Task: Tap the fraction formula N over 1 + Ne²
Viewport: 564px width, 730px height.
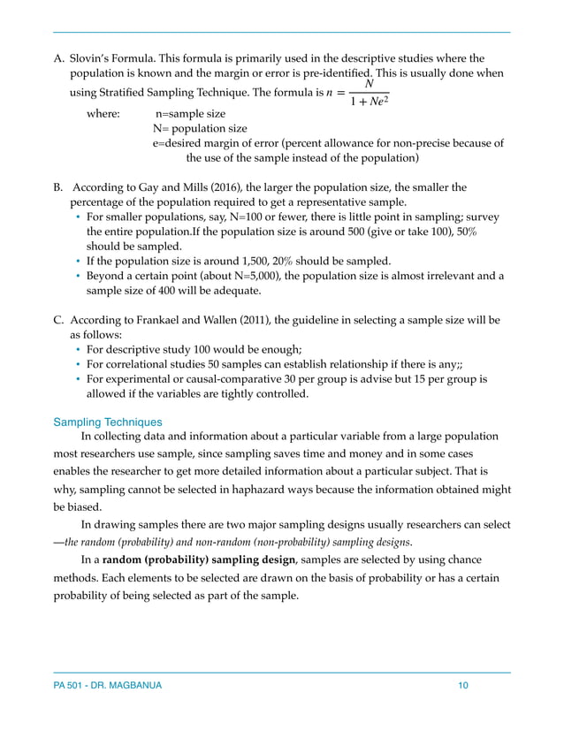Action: click(368, 93)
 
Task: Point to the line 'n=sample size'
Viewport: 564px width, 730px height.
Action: click(190, 114)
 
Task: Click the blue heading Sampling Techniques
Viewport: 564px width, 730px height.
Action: click(108, 422)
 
